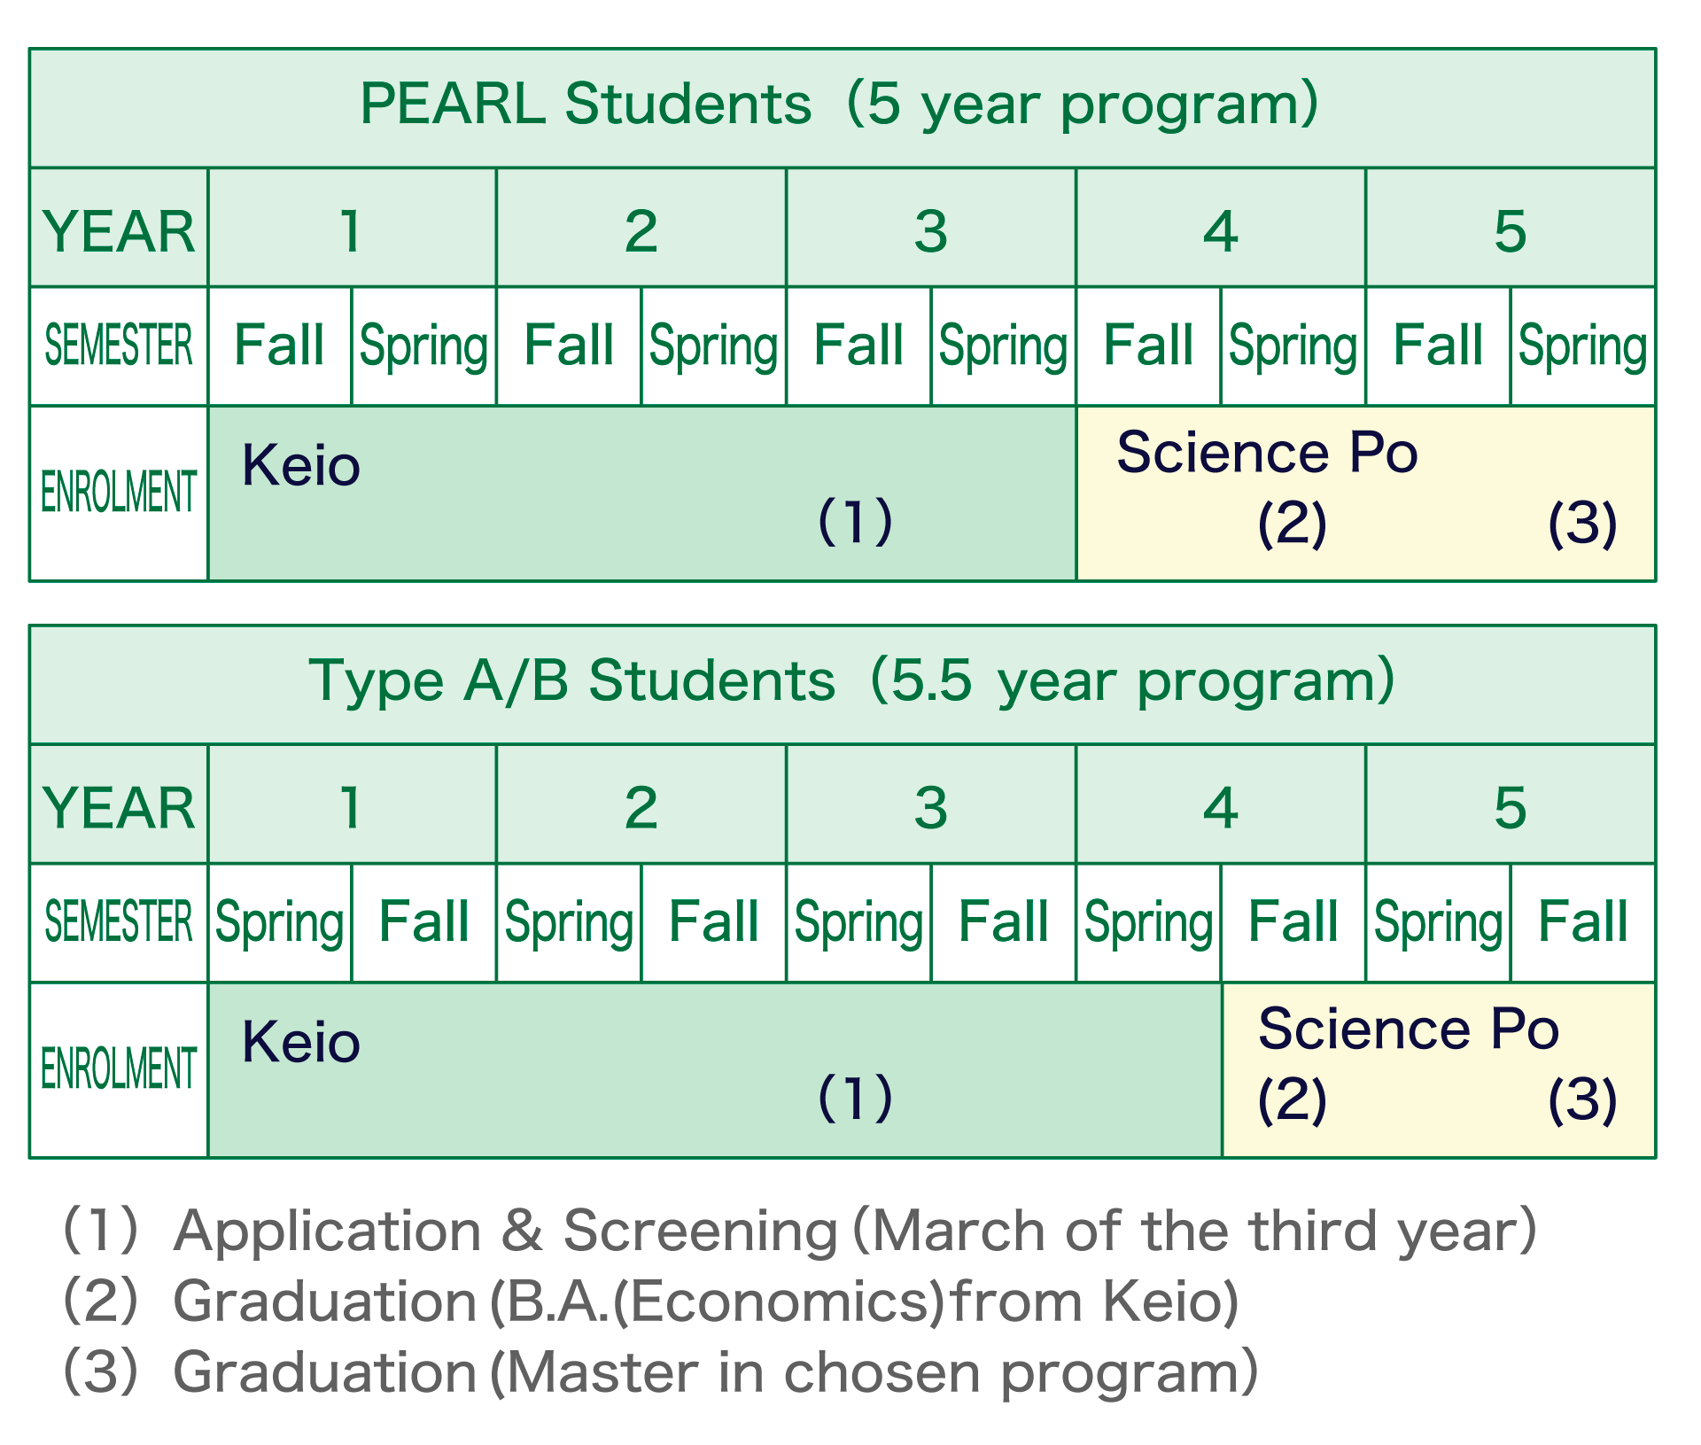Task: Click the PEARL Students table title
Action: (839, 105)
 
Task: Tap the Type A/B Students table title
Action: (850, 681)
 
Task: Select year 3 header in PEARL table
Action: (930, 231)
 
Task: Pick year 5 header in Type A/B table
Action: (1510, 807)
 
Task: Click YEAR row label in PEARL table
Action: (119, 231)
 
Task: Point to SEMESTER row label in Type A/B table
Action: (119, 921)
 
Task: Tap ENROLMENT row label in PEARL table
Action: (119, 493)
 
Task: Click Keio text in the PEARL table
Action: (300, 466)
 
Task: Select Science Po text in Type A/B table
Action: (1408, 1029)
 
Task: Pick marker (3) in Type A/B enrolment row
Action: (1582, 1099)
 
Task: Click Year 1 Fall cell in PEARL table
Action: (279, 346)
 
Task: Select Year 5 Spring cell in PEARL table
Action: (1582, 346)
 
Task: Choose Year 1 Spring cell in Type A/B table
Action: (279, 921)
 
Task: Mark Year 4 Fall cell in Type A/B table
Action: (1293, 921)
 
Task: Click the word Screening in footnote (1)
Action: (700, 1231)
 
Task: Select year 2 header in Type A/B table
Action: (641, 807)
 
